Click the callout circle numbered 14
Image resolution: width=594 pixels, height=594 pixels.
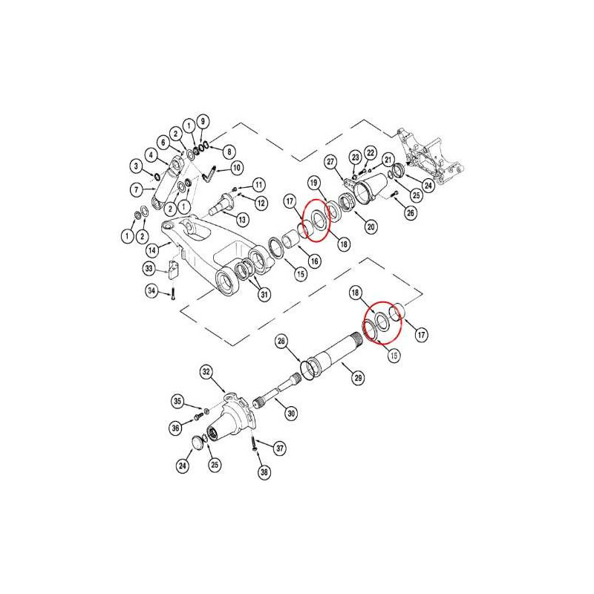(x=152, y=250)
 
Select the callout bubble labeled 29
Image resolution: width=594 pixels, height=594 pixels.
(x=358, y=378)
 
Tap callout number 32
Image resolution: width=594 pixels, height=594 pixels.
(x=206, y=372)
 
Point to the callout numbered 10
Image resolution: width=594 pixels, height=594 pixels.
(x=237, y=168)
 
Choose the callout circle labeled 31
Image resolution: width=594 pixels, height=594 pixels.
(x=264, y=294)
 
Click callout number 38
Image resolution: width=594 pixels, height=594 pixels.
(x=264, y=472)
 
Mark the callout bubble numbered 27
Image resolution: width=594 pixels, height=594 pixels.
(x=331, y=162)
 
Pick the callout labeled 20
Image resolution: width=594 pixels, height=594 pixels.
(x=371, y=226)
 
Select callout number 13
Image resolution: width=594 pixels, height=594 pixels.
(x=242, y=220)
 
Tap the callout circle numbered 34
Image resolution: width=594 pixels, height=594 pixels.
(x=151, y=290)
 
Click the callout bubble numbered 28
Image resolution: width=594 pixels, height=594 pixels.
(x=281, y=342)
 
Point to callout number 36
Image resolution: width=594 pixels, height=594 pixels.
(x=175, y=428)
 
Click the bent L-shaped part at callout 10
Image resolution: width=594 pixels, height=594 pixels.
(x=209, y=174)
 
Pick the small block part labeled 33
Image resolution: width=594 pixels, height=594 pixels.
(x=174, y=269)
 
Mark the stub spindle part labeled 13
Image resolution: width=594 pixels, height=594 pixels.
(x=223, y=203)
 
